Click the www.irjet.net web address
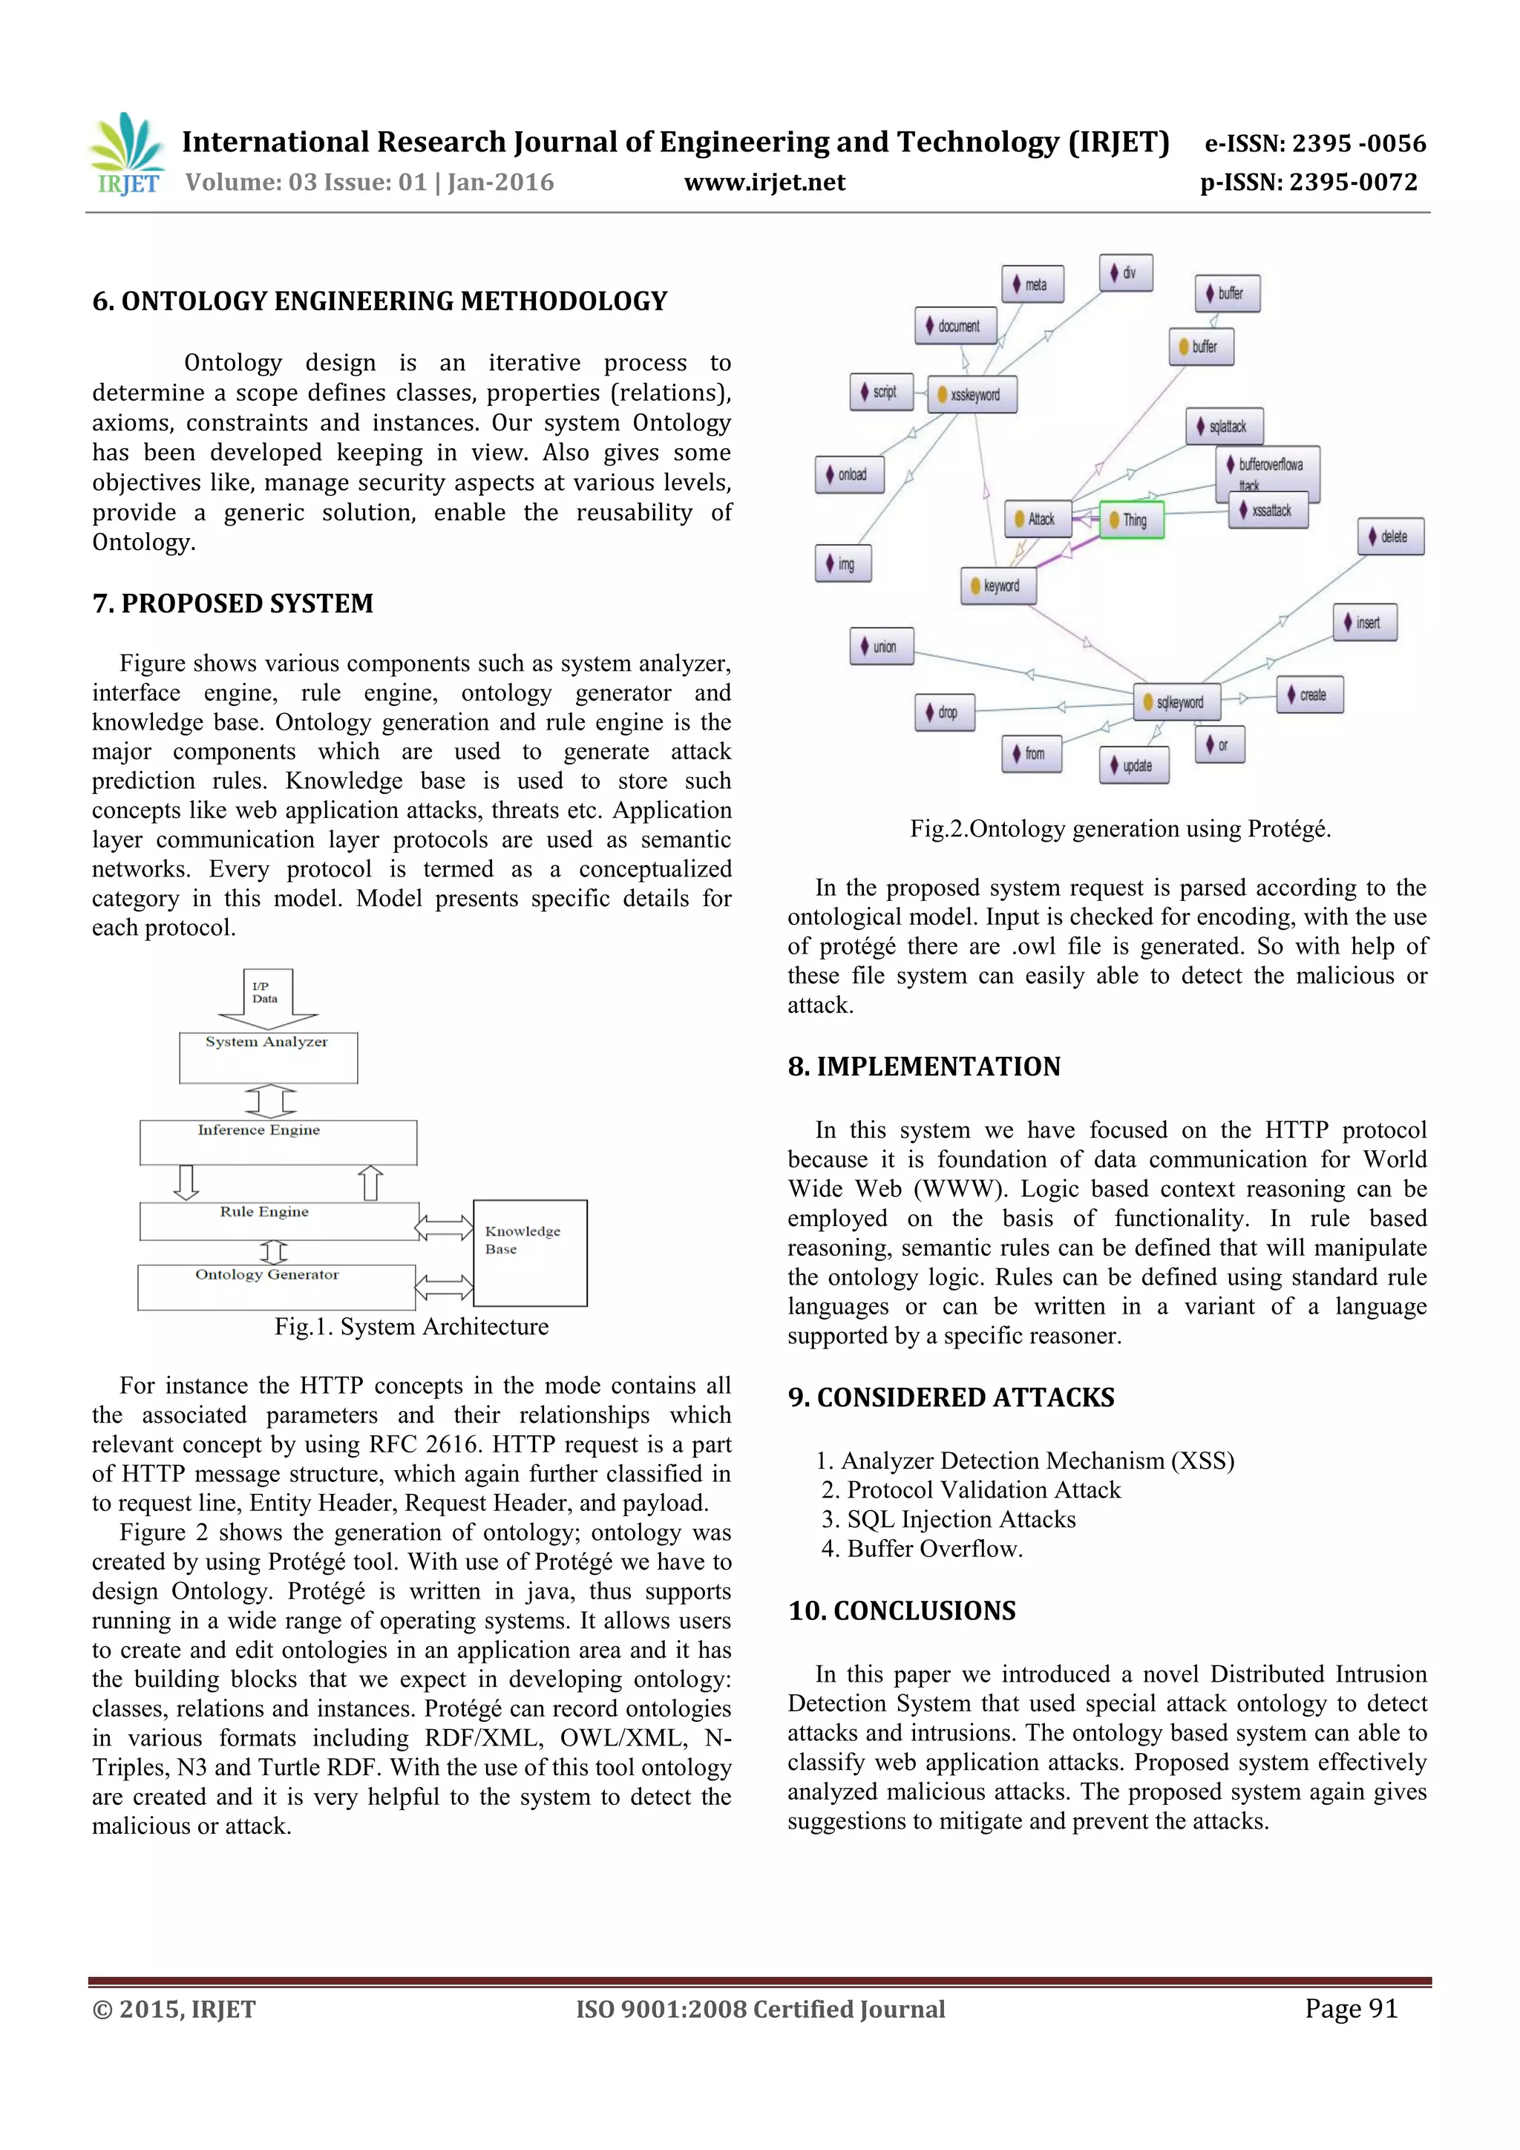tap(764, 183)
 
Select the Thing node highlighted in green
tap(1131, 520)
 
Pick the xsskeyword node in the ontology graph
tap(972, 395)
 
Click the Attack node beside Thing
tap(1038, 519)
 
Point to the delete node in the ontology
tap(1391, 537)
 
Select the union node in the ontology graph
tap(881, 646)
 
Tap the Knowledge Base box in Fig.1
tap(530, 1252)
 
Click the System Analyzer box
tap(268, 1058)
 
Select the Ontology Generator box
tap(276, 1287)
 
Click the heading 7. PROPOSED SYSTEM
tap(232, 604)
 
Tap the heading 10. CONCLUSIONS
tap(901, 1610)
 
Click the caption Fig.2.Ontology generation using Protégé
tap(1120, 829)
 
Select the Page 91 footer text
tap(1351, 2008)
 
